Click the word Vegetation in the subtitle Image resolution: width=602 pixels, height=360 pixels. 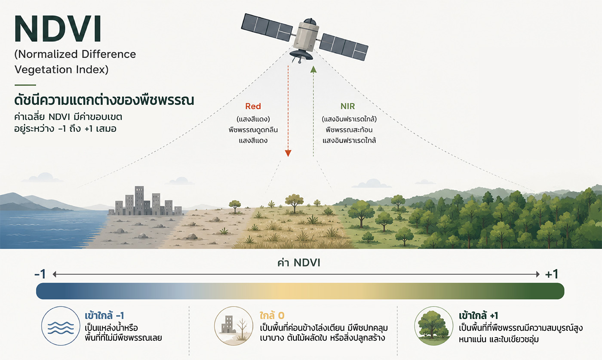[43, 70]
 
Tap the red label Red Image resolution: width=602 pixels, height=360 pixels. [253, 106]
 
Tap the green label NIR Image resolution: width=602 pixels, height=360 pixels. [347, 106]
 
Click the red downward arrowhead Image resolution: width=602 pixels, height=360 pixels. [288, 153]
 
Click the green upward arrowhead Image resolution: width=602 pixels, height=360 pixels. [313, 69]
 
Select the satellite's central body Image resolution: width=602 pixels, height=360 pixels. [306, 36]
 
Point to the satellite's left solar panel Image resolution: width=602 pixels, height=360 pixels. [267, 27]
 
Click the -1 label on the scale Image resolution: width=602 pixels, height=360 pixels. [40, 274]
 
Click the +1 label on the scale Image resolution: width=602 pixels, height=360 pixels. [552, 274]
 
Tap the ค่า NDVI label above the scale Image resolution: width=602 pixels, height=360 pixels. [299, 263]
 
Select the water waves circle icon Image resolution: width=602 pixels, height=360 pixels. [61, 326]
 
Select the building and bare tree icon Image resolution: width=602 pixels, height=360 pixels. [233, 326]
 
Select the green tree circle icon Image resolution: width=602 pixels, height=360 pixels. [434, 326]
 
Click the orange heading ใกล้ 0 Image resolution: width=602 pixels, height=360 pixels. [272, 315]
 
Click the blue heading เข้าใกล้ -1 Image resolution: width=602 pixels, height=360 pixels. [104, 315]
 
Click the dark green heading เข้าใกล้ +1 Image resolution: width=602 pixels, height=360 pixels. [478, 315]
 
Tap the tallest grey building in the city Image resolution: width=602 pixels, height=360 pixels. [139, 200]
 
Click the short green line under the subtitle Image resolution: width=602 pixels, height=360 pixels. [25, 85]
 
